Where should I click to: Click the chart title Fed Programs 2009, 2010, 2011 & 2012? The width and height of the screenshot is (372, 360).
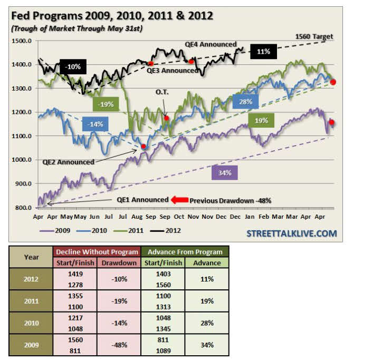coord(112,16)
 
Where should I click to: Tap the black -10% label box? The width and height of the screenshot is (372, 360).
coord(73,67)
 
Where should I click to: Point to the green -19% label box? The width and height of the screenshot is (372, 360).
coord(106,104)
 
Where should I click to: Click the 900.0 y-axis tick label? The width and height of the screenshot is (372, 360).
coord(24,184)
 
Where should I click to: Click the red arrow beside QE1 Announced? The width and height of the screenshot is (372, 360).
coord(179,200)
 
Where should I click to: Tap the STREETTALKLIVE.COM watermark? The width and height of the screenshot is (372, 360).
coord(291,233)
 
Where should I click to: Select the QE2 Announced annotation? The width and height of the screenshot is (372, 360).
coord(68,162)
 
